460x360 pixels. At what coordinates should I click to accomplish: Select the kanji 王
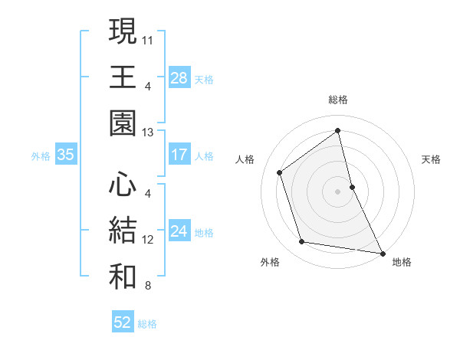pyautogui.click(x=123, y=77)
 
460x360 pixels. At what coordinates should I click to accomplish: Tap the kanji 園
pyautogui.click(x=123, y=123)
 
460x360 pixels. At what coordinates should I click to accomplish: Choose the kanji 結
pyautogui.click(x=123, y=230)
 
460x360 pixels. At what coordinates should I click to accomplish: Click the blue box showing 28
pyautogui.click(x=179, y=78)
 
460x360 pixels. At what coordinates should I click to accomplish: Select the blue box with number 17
pyautogui.click(x=179, y=155)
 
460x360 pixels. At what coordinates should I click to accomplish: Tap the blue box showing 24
pyautogui.click(x=179, y=232)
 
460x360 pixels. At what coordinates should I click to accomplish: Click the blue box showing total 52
pyautogui.click(x=123, y=322)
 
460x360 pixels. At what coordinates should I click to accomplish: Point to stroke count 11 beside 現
pyautogui.click(x=148, y=39)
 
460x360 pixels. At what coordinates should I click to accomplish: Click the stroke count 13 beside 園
pyautogui.click(x=148, y=133)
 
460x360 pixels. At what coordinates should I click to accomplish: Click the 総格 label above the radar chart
pyautogui.click(x=338, y=100)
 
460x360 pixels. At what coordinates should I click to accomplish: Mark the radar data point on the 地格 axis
pyautogui.click(x=382, y=252)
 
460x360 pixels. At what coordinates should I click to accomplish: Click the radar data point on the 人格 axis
pyautogui.click(x=280, y=172)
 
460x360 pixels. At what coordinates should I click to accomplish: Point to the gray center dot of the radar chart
pyautogui.click(x=338, y=191)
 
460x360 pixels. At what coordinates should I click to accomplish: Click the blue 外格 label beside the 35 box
pyautogui.click(x=41, y=156)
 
